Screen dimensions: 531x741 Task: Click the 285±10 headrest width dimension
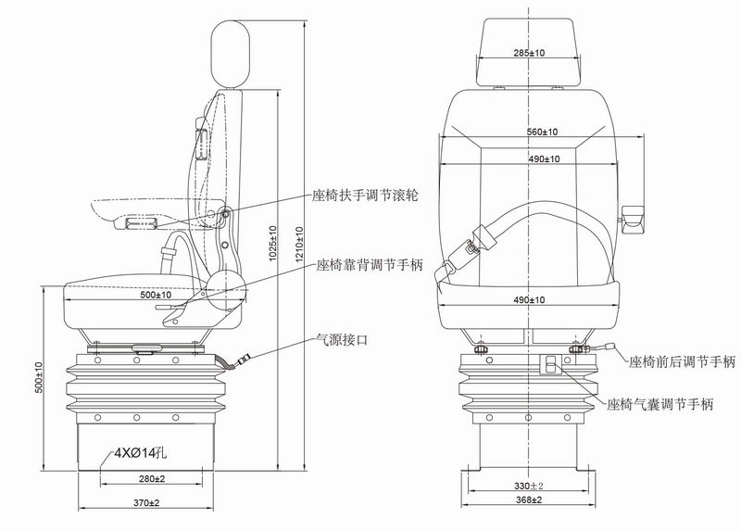point(528,53)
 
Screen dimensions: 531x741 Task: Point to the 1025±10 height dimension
point(273,243)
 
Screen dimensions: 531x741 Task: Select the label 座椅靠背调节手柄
point(369,264)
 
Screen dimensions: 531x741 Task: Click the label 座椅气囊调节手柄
point(660,404)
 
